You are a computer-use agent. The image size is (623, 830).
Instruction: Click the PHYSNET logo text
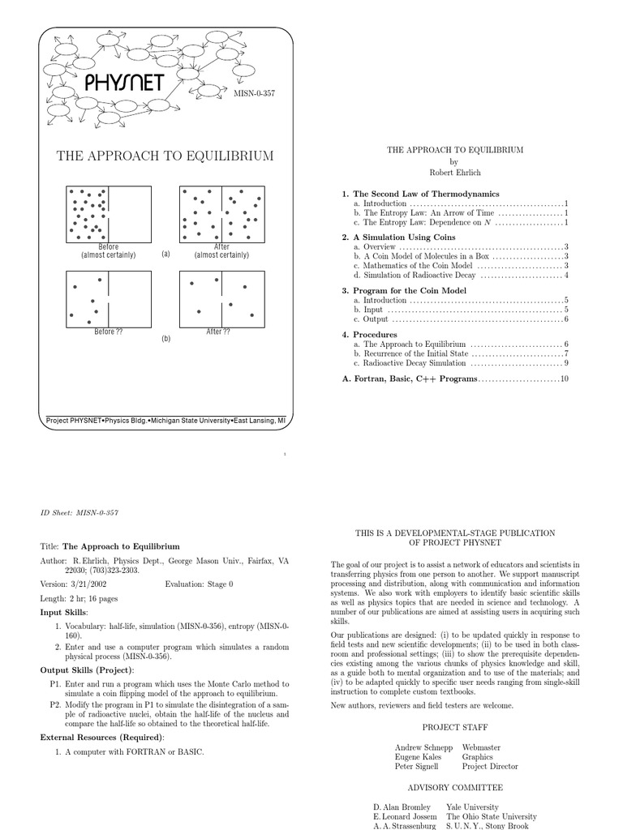pos(123,83)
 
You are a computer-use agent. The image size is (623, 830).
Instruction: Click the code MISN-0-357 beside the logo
pos(255,94)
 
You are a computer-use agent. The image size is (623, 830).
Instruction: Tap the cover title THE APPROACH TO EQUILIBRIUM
pos(164,156)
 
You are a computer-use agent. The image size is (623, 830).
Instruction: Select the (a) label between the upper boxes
pos(165,254)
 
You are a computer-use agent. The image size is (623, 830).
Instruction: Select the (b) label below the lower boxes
pos(165,339)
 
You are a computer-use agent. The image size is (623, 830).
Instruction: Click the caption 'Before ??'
pos(109,332)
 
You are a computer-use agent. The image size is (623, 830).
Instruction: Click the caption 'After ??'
pos(219,332)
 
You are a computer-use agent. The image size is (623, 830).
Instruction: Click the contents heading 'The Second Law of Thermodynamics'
pos(426,194)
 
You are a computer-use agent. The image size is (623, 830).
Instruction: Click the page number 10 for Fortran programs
pos(565,379)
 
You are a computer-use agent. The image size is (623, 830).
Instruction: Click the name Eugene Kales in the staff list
pos(418,755)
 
